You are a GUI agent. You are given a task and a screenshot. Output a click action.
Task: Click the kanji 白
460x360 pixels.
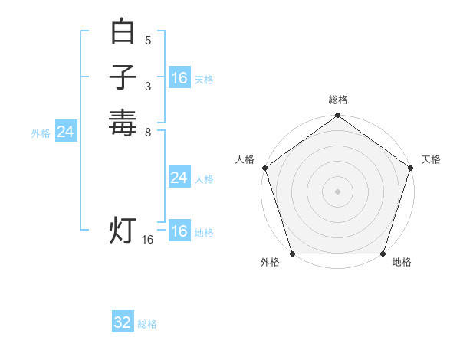click(123, 33)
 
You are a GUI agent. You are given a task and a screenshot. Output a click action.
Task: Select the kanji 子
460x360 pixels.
click(123, 77)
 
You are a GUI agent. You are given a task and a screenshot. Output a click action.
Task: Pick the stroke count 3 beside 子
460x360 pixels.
click(148, 87)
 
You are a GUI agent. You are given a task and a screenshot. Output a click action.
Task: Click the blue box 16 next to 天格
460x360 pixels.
click(179, 78)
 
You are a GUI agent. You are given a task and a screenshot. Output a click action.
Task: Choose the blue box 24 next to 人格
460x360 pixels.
click(179, 178)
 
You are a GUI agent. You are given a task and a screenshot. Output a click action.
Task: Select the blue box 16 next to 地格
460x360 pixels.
click(179, 231)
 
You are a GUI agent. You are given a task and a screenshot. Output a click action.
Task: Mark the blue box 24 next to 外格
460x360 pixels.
click(66, 132)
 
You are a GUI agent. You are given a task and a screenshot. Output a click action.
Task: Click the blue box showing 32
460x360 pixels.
click(123, 322)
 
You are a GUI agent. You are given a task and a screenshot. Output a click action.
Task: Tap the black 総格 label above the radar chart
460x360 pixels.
click(337, 100)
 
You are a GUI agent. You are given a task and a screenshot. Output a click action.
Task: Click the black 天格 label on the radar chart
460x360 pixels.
click(431, 159)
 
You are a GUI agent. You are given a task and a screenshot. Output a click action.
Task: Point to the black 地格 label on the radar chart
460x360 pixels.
click(402, 263)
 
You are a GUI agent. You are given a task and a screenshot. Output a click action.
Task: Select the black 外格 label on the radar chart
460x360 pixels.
click(270, 263)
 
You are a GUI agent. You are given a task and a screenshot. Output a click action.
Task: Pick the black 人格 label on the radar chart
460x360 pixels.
click(245, 159)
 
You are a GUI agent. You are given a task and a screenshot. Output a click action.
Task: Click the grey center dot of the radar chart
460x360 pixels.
click(337, 190)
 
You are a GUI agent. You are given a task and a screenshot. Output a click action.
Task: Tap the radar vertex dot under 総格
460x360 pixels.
click(337, 116)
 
